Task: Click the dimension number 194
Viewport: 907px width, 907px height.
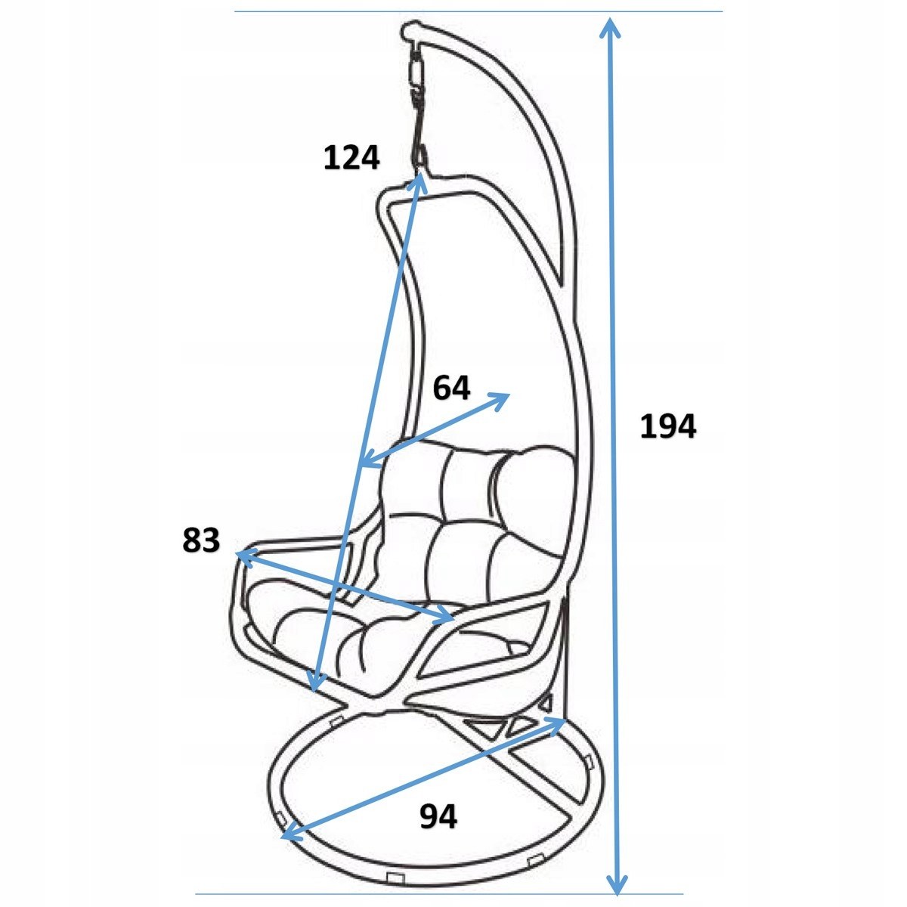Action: (x=667, y=426)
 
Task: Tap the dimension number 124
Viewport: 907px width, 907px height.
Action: (x=351, y=157)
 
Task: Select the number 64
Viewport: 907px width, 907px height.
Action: (x=451, y=388)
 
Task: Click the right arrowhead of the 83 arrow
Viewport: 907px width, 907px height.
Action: (x=443, y=615)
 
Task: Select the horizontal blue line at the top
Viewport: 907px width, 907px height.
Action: (x=478, y=11)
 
